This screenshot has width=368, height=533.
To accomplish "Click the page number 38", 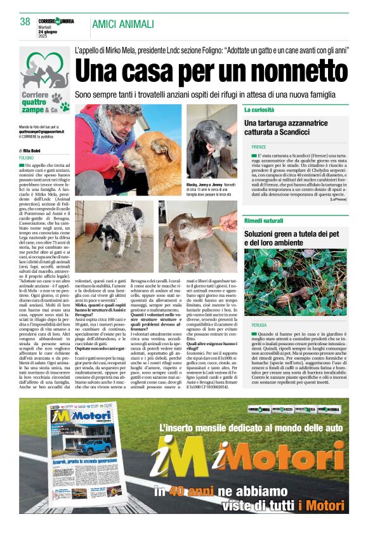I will pos(25,22).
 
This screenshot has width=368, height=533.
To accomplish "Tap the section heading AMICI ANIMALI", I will pos(122,24).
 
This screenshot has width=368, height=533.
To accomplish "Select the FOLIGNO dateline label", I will pos(27,157).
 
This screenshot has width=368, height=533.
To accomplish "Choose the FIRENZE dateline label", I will pos(258,147).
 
